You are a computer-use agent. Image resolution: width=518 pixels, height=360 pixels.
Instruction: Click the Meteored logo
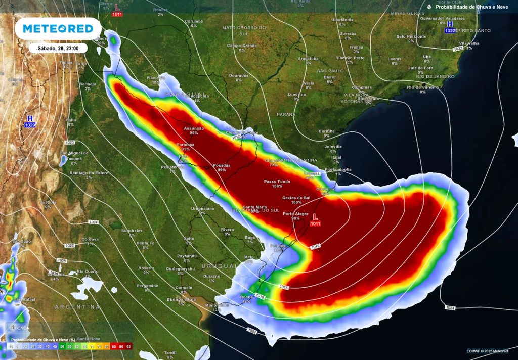click(54, 29)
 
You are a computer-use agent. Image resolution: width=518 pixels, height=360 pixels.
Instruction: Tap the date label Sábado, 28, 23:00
click(58, 48)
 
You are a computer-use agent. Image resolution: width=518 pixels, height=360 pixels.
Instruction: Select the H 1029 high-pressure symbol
click(30, 120)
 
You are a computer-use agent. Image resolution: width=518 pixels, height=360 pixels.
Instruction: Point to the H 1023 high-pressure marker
click(450, 26)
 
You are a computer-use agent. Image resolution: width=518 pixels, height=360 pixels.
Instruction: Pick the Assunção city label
click(194, 128)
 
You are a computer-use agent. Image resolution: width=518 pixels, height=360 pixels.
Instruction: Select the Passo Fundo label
click(277, 181)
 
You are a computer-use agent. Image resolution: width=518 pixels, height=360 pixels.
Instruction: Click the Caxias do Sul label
click(296, 198)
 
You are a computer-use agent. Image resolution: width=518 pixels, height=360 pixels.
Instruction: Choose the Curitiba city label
click(327, 131)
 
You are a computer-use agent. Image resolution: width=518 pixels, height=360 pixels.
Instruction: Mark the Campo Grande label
click(242, 46)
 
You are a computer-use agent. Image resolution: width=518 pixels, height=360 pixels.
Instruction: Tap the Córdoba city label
click(90, 239)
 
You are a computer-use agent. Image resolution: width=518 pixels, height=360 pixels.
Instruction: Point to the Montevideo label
click(217, 305)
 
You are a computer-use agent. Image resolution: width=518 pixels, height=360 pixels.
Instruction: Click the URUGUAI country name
click(219, 266)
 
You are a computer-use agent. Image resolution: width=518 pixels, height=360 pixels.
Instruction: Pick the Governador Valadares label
click(439, 18)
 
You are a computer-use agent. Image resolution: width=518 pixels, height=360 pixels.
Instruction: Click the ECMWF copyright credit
click(488, 351)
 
